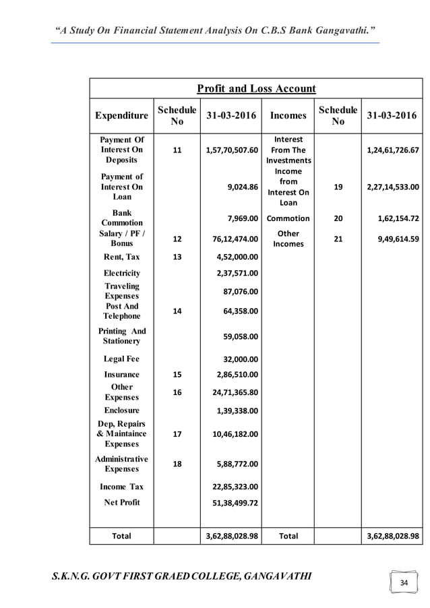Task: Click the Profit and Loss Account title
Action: (255, 88)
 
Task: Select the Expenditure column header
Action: (121, 115)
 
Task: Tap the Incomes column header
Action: (288, 115)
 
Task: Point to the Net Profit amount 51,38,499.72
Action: (231, 502)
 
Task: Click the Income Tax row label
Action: (121, 486)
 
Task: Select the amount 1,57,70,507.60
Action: (231, 150)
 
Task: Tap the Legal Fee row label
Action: (121, 359)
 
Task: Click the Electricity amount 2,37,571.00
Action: (236, 273)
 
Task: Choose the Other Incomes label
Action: (288, 239)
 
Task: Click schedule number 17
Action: (177, 434)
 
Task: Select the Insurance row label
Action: (121, 374)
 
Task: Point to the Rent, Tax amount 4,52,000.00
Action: (236, 256)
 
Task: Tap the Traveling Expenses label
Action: (121, 291)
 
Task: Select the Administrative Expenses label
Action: (121, 464)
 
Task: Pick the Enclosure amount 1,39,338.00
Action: (236, 410)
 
